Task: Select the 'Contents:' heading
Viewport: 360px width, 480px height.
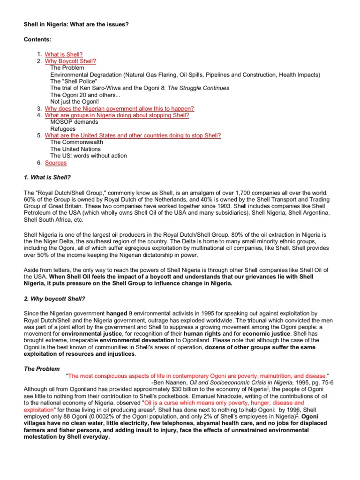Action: coord(37,41)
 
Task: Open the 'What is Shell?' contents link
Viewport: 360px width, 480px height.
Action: coord(64,55)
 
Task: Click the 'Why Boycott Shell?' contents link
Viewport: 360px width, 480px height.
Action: coord(70,61)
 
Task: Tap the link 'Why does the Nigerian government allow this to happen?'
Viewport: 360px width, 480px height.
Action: coord(119,108)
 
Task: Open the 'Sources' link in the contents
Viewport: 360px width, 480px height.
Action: coord(56,163)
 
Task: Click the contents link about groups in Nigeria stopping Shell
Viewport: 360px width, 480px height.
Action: coord(117,115)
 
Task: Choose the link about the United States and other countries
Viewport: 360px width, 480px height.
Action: coord(133,135)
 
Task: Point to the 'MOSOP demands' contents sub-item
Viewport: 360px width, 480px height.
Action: coord(74,122)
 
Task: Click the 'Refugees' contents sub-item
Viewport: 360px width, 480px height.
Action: coord(63,128)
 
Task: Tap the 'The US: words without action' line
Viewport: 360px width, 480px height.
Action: coord(88,156)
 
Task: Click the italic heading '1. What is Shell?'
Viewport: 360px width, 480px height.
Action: coord(47,177)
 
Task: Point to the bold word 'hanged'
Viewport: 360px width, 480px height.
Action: coord(117,313)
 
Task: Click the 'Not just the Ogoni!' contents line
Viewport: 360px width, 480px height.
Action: coord(75,102)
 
